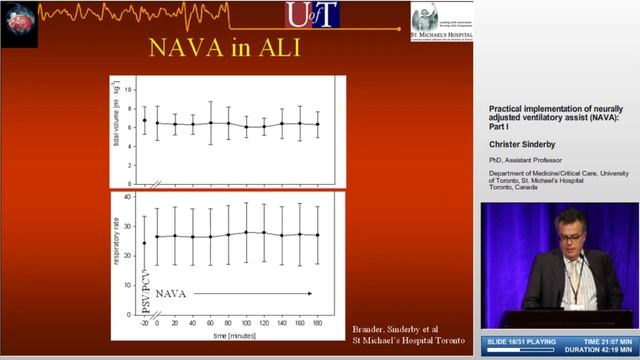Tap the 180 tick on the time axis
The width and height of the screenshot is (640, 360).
coord(317,324)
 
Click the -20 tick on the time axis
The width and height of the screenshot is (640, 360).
coord(144,324)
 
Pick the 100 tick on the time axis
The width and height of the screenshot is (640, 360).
coord(245,324)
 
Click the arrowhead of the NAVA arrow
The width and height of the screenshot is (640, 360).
coord(311,294)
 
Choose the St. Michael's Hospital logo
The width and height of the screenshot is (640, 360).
coord(440,22)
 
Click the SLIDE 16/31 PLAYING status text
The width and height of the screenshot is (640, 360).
coord(525,342)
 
